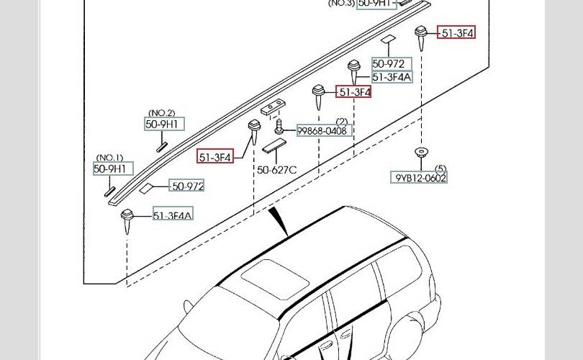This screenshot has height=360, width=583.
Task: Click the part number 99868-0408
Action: [325, 130]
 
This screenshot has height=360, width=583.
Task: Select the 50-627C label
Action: [277, 170]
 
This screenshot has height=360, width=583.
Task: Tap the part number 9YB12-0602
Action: [420, 178]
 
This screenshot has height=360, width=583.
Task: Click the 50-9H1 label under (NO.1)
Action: [113, 168]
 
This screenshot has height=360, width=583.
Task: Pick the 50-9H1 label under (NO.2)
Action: [163, 125]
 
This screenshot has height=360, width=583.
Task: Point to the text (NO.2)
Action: [161, 113]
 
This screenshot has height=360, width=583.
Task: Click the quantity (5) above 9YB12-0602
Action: [440, 168]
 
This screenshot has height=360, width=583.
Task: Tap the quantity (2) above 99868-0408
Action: [341, 121]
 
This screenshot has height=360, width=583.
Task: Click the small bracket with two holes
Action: [271, 107]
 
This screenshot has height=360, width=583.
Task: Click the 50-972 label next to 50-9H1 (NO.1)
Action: [187, 186]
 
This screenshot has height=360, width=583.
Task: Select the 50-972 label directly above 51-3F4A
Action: [392, 64]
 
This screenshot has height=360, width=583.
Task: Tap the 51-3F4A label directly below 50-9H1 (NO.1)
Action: [173, 215]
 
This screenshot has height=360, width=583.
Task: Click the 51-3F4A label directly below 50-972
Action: [392, 77]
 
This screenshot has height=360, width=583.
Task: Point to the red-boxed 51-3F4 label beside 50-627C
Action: [216, 156]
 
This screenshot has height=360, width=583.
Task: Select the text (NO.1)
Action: [110, 158]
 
